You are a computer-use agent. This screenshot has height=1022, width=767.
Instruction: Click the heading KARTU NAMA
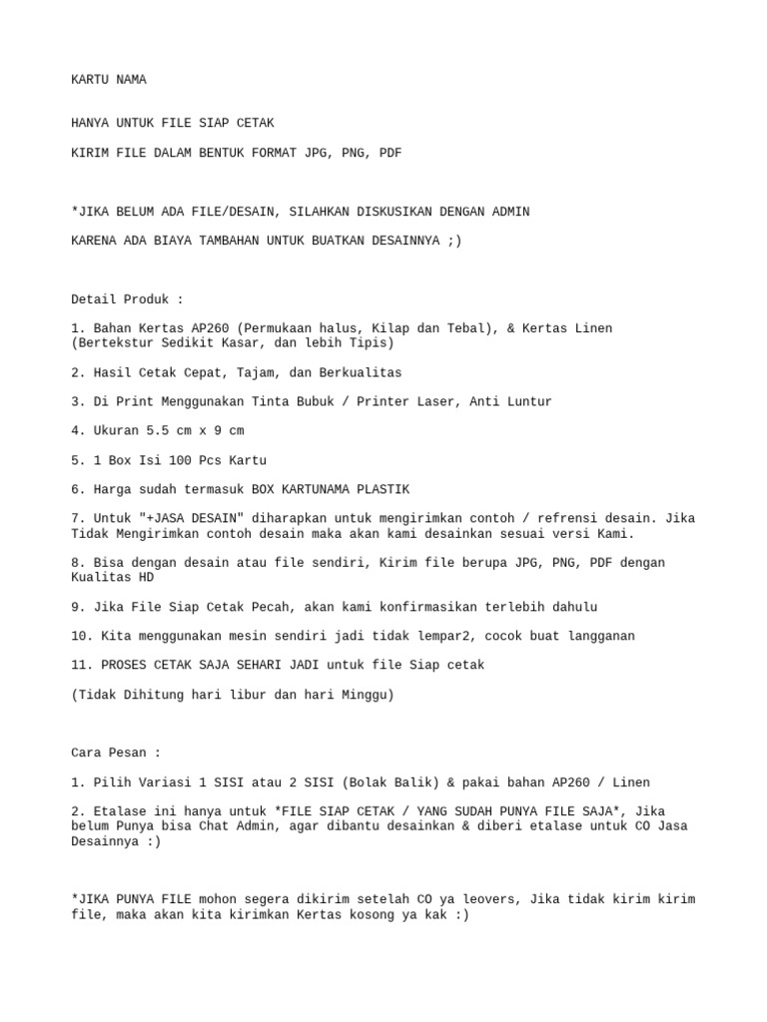click(x=109, y=79)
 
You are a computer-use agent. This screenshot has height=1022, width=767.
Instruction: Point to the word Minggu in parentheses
click(x=364, y=695)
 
